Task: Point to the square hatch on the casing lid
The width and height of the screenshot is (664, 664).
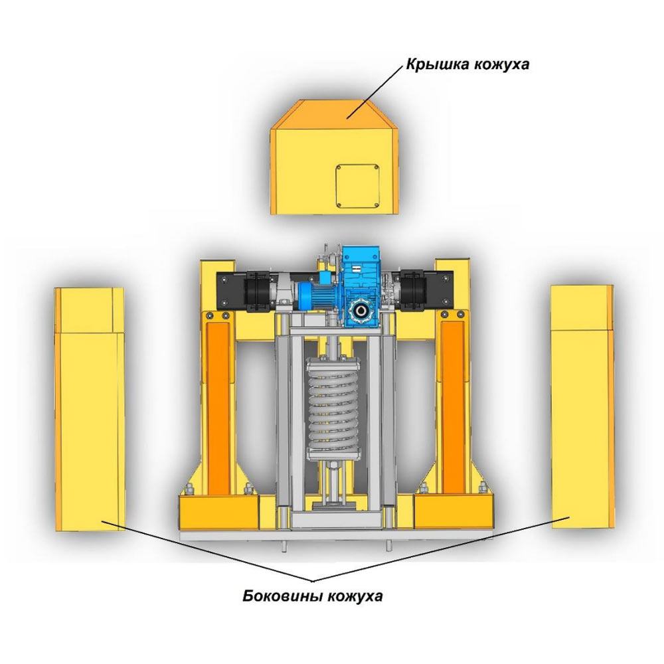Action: tap(357, 185)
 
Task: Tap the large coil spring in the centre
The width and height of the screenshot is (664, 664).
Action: tap(332, 412)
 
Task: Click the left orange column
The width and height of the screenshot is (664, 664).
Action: tap(219, 398)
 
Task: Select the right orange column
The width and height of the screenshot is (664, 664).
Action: tap(454, 398)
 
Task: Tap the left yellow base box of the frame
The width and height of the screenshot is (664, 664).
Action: tap(219, 514)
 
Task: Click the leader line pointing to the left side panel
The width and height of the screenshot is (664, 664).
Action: tap(199, 551)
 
